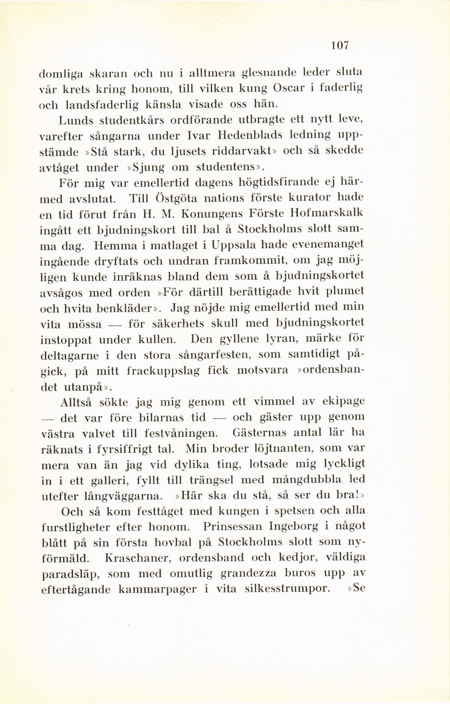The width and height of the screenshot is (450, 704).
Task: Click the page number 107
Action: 340,46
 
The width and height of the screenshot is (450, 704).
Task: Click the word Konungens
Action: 213,214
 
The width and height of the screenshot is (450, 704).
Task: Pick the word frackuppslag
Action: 163,371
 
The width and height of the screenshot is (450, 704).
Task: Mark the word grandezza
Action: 248,573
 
